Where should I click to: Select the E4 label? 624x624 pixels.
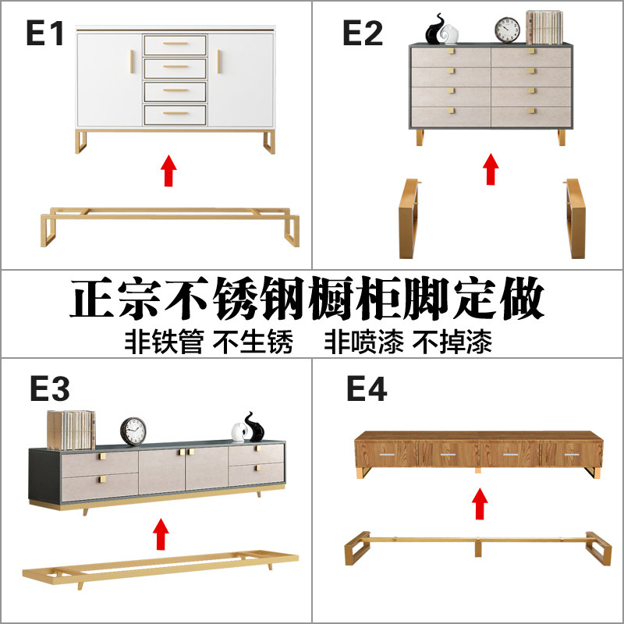[367, 388]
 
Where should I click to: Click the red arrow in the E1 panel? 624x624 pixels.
[168, 171]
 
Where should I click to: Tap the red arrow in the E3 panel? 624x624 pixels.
[161, 535]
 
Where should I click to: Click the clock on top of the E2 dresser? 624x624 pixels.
[508, 29]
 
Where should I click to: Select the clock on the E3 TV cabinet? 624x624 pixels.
[133, 431]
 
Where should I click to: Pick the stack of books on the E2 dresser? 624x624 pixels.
[544, 27]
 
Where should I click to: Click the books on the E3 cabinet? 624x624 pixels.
[71, 429]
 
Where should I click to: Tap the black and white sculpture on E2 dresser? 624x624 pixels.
[442, 30]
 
